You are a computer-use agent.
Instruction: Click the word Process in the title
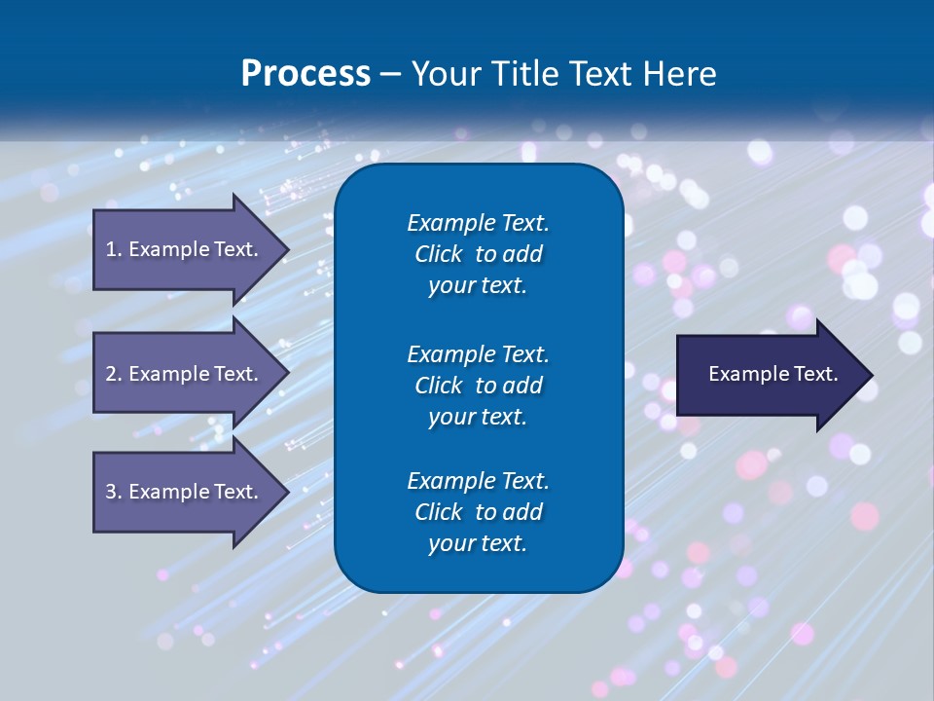(305, 74)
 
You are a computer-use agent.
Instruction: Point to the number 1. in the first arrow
(114, 249)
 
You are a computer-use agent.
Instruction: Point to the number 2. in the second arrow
(114, 374)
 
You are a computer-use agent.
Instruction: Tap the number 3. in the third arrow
(114, 492)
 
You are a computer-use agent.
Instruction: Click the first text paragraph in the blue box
(478, 254)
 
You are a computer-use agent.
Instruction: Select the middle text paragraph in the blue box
(478, 385)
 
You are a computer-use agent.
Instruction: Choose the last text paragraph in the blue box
(478, 512)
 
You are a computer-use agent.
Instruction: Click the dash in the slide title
(390, 74)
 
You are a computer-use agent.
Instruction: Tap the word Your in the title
(444, 74)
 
